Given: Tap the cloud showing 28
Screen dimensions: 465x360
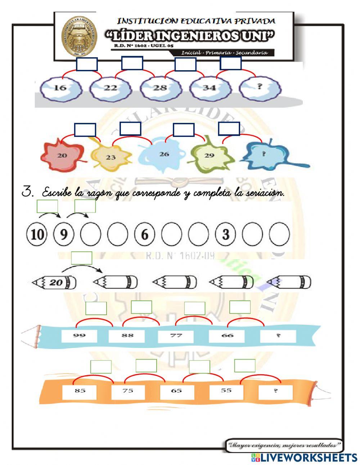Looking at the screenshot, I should [x=160, y=88].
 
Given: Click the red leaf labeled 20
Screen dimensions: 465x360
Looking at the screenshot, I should [x=63, y=156].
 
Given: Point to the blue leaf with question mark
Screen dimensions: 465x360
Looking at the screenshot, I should [x=265, y=154].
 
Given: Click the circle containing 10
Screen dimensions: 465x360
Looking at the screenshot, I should [x=37, y=234].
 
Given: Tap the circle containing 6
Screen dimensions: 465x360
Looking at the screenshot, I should [x=144, y=234].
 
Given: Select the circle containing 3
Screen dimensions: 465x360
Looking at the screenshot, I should [x=225, y=234].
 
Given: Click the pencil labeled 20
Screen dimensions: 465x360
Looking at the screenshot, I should [x=55, y=282].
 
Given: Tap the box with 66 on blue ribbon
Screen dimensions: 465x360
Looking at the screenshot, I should [x=227, y=336].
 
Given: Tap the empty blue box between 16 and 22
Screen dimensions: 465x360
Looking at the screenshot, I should [x=87, y=64].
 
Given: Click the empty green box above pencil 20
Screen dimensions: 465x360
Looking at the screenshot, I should [x=82, y=258].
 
